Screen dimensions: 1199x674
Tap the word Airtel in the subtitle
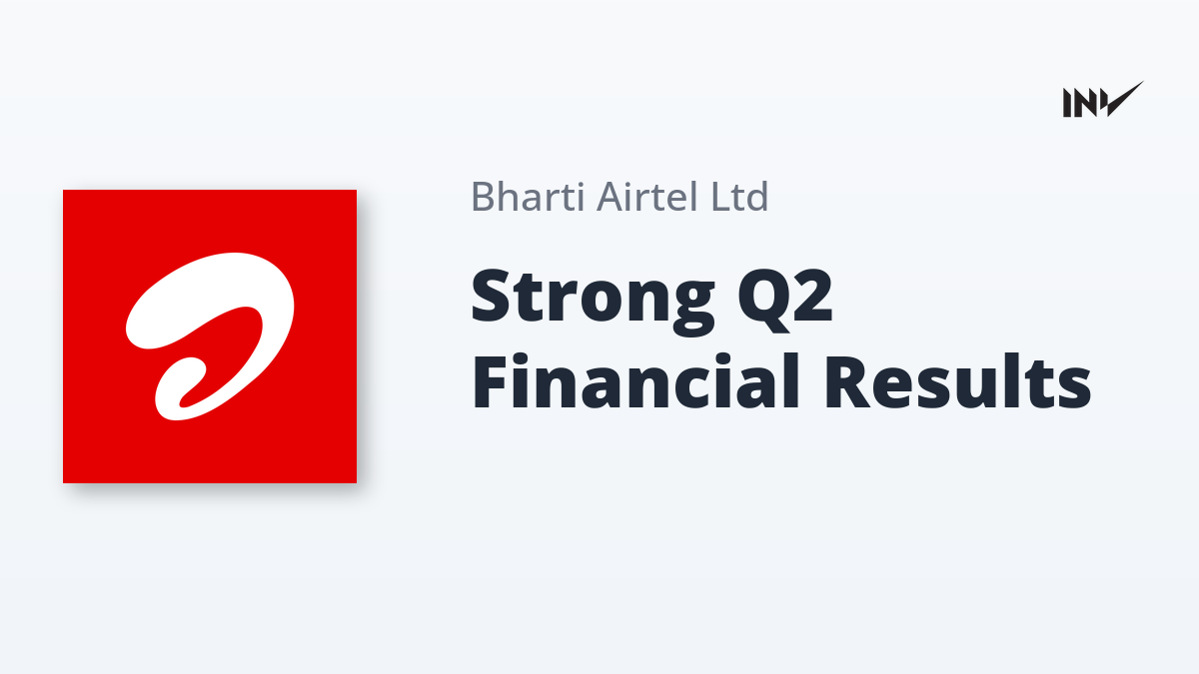646,197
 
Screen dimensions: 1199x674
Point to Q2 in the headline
784,300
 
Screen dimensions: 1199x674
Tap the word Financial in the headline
635,380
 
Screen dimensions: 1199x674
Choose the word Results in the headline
957,381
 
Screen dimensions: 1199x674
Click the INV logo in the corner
1103,100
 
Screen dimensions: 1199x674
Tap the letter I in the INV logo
1067,103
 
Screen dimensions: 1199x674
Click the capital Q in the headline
760,300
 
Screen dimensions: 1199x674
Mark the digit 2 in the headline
812,295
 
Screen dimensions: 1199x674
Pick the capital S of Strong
491,295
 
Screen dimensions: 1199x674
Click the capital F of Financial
489,382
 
